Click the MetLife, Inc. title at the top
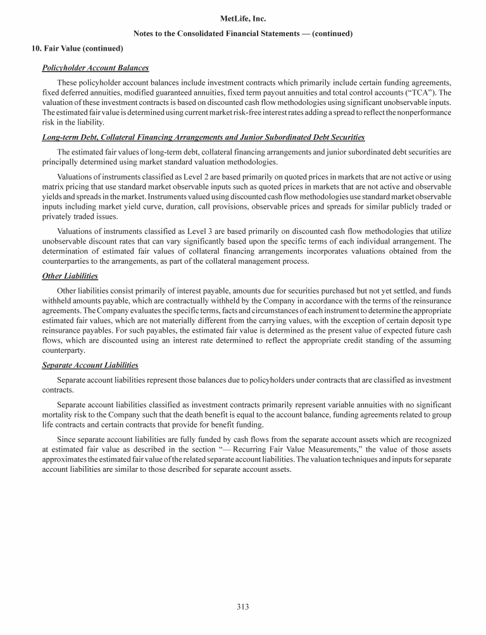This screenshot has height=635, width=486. [x=243, y=20]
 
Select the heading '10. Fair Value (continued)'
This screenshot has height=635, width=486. [x=77, y=48]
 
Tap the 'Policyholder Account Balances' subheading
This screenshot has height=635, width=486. [x=95, y=67]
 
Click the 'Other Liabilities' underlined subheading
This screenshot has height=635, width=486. [x=70, y=276]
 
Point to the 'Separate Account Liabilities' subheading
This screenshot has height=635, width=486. [x=90, y=365]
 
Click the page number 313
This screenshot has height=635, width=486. [x=243, y=608]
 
